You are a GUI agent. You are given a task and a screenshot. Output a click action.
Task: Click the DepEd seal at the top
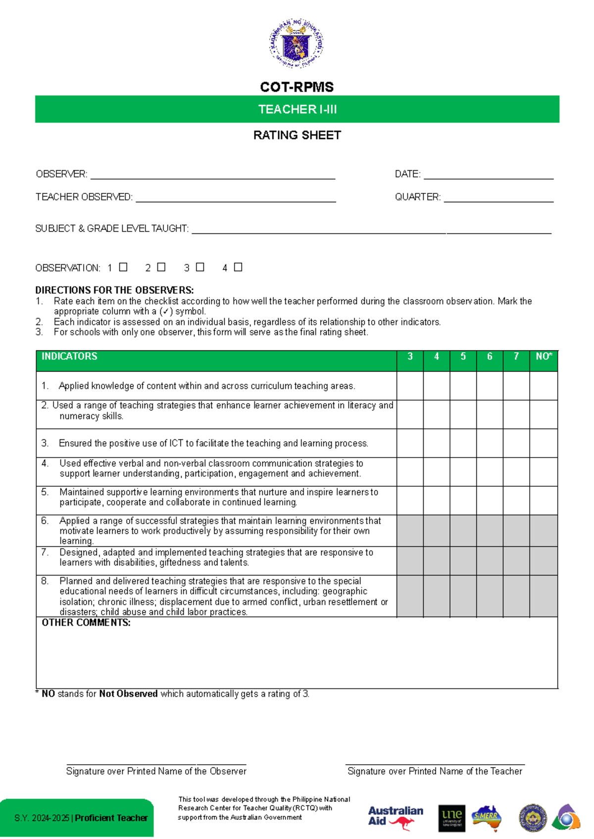[297, 44]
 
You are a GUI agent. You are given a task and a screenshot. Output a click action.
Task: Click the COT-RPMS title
[297, 87]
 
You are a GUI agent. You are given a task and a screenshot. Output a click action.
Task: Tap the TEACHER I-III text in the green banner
[297, 109]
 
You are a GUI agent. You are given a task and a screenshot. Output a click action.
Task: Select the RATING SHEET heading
[297, 135]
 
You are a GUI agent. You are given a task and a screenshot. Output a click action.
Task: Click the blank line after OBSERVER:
[213, 175]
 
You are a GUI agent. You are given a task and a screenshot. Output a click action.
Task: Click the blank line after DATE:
[489, 175]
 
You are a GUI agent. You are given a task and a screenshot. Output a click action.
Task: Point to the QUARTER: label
[417, 197]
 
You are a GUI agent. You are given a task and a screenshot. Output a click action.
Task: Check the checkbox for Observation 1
[123, 267]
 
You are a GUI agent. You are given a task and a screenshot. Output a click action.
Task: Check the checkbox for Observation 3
[200, 267]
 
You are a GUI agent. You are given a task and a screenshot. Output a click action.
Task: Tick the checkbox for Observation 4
[238, 267]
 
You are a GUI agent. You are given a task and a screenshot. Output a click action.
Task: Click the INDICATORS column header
[69, 357]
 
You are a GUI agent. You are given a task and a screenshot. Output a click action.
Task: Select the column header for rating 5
[463, 357]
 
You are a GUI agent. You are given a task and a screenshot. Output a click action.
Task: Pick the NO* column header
[544, 357]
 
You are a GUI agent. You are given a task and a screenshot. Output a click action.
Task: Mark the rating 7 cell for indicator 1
[516, 386]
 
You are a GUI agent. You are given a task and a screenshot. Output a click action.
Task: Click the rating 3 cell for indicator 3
[410, 443]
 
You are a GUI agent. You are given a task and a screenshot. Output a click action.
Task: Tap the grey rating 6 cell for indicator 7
[490, 560]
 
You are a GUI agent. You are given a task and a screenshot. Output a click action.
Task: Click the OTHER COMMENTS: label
[86, 623]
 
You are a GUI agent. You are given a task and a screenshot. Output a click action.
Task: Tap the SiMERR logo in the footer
[486, 817]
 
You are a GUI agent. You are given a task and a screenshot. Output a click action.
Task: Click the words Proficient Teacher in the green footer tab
[111, 818]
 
